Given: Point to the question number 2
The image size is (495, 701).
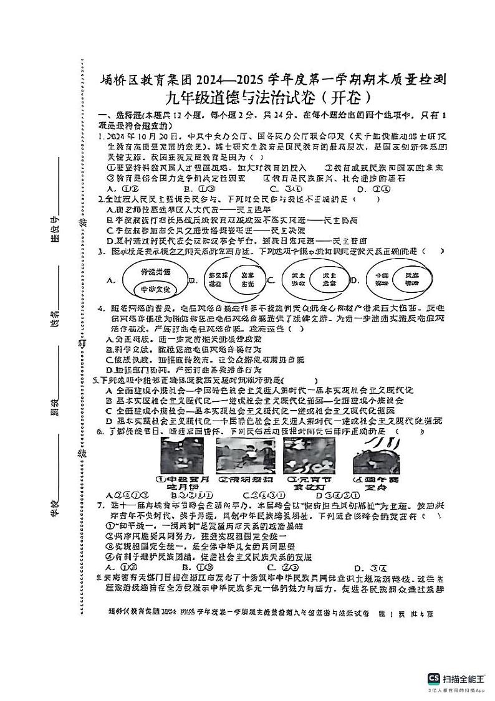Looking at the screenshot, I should point(100,199).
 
